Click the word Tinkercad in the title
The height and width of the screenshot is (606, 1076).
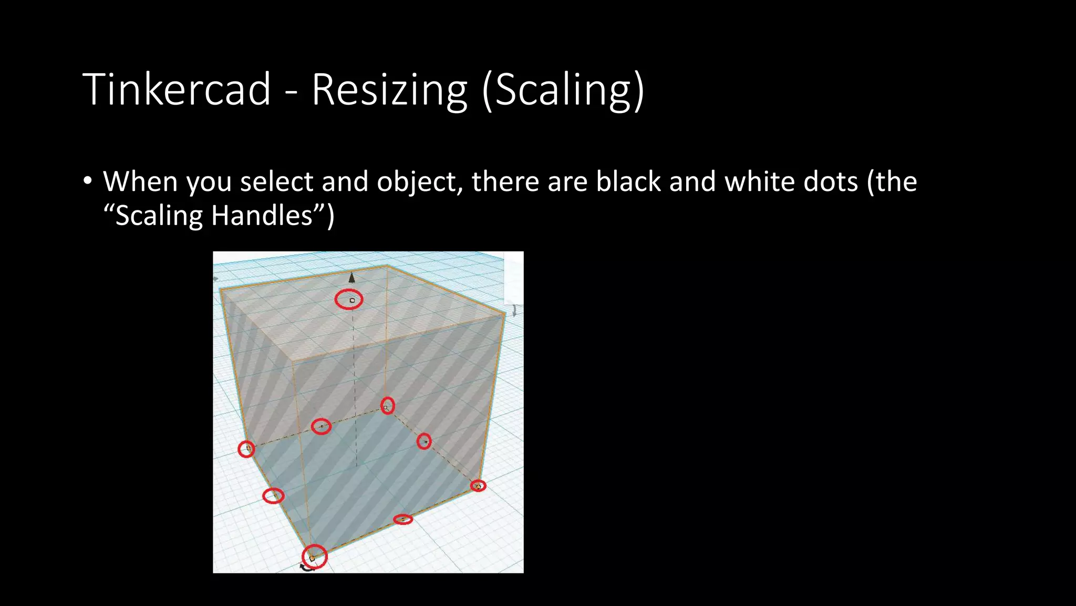click(x=177, y=89)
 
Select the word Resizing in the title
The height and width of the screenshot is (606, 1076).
click(x=389, y=89)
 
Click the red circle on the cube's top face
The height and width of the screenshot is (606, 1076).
click(x=349, y=300)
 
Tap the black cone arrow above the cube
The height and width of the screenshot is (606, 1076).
click(x=351, y=278)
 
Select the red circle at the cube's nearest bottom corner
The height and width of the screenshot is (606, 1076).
click(x=314, y=557)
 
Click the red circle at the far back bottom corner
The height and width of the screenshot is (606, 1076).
click(x=388, y=406)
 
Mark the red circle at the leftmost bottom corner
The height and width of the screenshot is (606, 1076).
click(x=246, y=449)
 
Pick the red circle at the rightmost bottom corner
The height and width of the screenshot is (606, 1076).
click(x=478, y=486)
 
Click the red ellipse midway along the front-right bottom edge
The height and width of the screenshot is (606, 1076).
click(x=403, y=520)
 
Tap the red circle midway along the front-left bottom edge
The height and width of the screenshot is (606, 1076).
click(x=273, y=496)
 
